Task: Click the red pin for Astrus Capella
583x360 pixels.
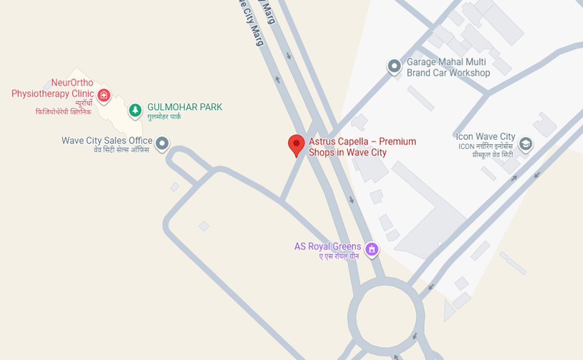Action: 296,145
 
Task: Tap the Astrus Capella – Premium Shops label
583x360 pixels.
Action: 362,147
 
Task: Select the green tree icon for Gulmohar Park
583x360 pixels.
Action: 135,110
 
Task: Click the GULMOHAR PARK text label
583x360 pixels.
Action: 185,107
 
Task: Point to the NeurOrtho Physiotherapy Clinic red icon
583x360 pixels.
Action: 103,95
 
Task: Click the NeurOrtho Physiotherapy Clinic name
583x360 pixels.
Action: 53,88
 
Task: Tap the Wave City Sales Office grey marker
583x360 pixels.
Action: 162,143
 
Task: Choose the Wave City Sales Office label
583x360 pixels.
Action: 107,141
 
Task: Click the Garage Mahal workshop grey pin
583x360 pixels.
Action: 394,67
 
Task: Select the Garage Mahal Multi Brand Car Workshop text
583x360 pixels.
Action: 448,67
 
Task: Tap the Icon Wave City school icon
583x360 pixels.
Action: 525,144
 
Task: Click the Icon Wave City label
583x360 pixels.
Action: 485,137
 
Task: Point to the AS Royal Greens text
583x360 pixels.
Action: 327,246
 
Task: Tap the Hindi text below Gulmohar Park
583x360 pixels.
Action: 164,117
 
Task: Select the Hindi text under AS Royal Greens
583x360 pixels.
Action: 339,257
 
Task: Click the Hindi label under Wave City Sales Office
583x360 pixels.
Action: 121,150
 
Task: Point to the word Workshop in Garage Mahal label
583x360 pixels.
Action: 470,73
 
